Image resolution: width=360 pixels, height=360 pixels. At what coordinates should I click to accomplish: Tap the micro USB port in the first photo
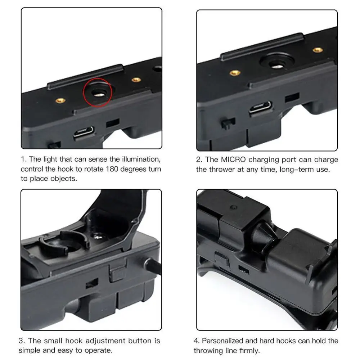(x=84, y=133)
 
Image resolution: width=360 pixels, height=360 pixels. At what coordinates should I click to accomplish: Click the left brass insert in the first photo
(x=60, y=101)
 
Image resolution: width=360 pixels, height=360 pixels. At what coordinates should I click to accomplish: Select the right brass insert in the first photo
(x=136, y=80)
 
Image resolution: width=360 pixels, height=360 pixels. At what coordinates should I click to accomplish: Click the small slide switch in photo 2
(x=228, y=123)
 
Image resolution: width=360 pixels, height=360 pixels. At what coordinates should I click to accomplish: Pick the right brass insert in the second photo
(x=318, y=50)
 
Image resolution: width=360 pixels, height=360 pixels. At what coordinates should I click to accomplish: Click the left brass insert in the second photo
(x=235, y=73)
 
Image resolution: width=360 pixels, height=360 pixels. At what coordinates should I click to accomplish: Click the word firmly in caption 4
(x=248, y=350)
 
